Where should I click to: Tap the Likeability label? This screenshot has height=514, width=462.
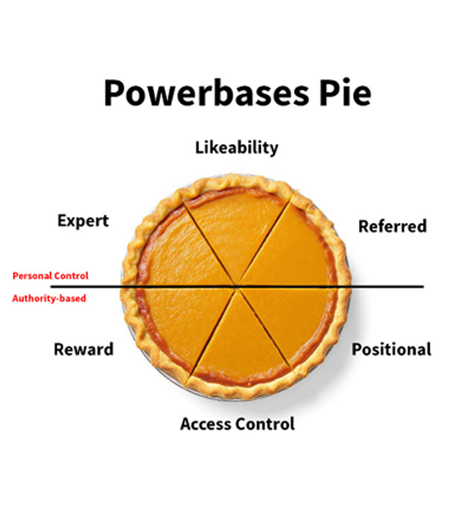click(236, 148)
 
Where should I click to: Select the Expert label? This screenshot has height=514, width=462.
click(83, 221)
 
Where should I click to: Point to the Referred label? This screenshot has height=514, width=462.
click(392, 226)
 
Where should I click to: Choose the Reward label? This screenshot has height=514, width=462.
click(83, 349)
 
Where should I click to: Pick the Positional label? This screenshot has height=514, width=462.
click(391, 349)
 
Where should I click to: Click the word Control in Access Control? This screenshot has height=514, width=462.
click(266, 424)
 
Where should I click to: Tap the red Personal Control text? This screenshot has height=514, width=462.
click(51, 276)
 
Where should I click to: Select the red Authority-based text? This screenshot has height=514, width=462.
click(49, 298)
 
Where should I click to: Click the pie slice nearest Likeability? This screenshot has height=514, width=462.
click(236, 227)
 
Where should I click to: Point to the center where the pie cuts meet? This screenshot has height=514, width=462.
click(237, 287)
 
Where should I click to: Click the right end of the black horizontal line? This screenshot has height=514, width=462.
click(422, 287)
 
